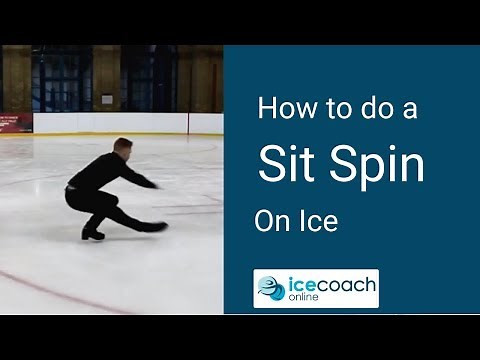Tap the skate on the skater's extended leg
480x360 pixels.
pyautogui.click(x=156, y=227)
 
